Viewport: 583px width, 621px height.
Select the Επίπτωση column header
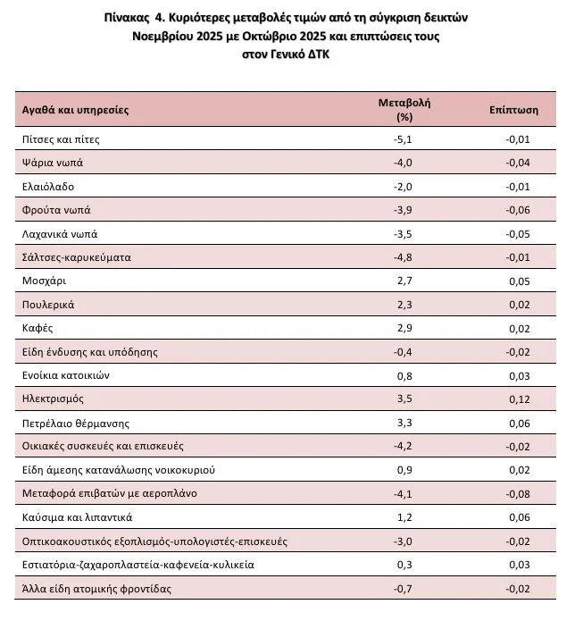coord(513,110)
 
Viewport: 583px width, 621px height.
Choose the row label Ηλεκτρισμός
coord(54,399)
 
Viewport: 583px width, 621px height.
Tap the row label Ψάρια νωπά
coord(52,163)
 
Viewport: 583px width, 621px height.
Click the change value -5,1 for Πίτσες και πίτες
coord(404,139)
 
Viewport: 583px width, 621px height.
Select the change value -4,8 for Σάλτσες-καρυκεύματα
coord(404,257)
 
